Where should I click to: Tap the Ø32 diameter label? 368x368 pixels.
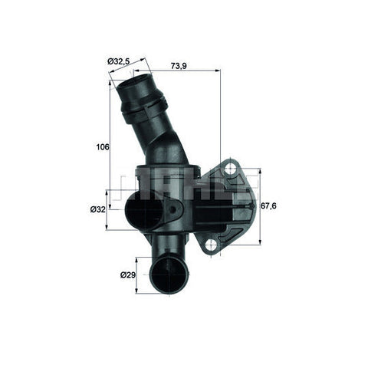click(98, 209)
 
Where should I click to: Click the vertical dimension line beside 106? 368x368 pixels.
click(110, 146)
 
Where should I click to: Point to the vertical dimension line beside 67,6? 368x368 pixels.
click(261, 205)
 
